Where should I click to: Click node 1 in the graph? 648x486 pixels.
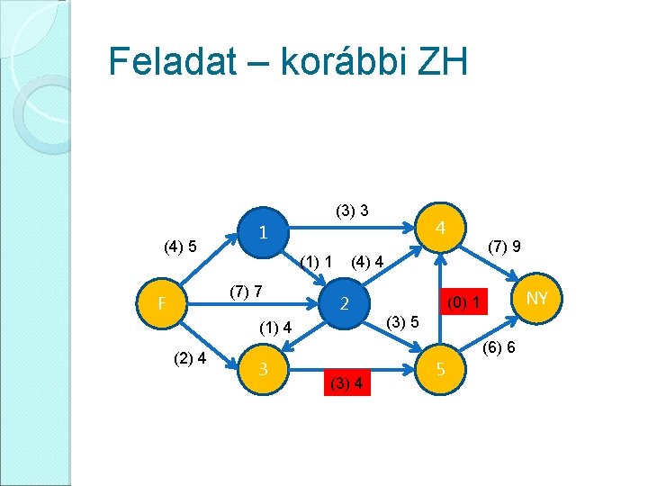[x=262, y=232]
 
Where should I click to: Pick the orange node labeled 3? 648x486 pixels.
[x=262, y=368]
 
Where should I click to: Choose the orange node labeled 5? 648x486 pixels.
[x=440, y=368]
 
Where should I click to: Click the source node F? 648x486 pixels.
[x=159, y=303]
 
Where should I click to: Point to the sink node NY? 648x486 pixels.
[x=537, y=298]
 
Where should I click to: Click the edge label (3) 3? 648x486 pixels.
[x=352, y=211]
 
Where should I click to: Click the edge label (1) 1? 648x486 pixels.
[x=318, y=262]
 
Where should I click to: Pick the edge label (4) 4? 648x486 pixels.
[x=368, y=262]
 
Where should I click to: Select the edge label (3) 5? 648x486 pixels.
[x=400, y=321]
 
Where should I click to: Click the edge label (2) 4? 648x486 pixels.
[x=190, y=357]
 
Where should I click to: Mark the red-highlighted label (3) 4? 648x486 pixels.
[x=346, y=384]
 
